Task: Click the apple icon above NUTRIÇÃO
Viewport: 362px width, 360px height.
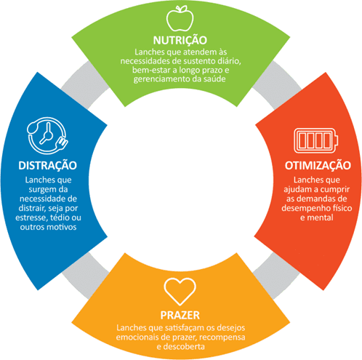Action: coord(180,19)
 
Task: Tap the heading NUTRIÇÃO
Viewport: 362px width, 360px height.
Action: coord(180,40)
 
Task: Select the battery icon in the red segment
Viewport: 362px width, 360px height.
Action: coord(316,140)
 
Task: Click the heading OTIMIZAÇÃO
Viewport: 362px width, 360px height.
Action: coord(318,165)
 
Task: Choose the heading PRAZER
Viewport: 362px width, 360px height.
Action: coord(180,315)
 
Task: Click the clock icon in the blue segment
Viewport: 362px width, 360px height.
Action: coord(47,135)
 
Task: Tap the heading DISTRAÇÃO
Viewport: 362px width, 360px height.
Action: coord(47,165)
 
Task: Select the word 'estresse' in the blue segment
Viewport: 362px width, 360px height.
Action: coord(31,217)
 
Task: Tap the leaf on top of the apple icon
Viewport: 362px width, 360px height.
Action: coord(184,8)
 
